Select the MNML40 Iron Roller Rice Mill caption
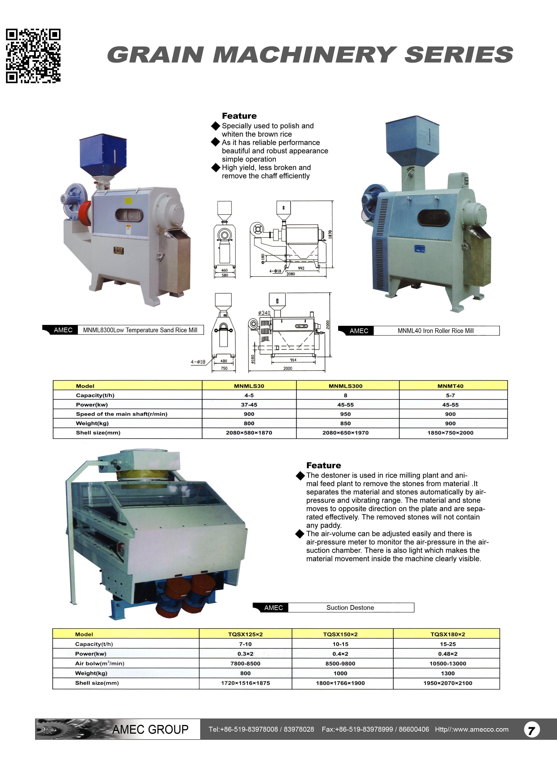pyautogui.click(x=436, y=331)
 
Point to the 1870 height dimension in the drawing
pyautogui.click(x=330, y=235)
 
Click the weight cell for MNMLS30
pyautogui.click(x=249, y=423)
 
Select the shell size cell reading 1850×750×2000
pyautogui.click(x=450, y=433)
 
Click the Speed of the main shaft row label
pyautogui.click(x=121, y=414)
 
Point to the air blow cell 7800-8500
pyautogui.click(x=245, y=664)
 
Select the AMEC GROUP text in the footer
pyautogui.click(x=150, y=730)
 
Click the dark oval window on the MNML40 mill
pyautogui.click(x=434, y=218)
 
